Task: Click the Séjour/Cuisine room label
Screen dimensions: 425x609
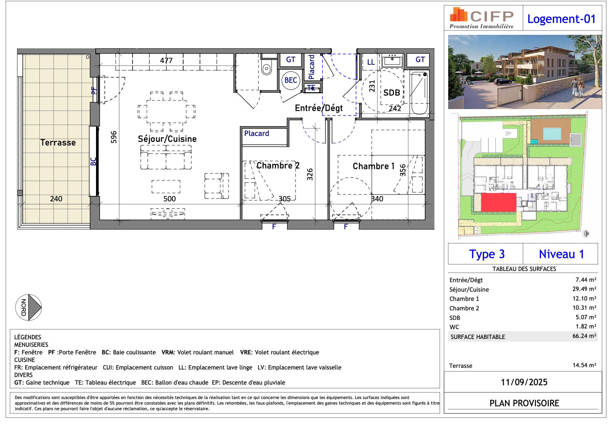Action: [x=167, y=139]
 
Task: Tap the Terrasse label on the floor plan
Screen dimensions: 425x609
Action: [x=58, y=143]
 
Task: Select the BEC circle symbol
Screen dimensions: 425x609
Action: [x=291, y=80]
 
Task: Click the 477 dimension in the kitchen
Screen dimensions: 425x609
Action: [x=166, y=60]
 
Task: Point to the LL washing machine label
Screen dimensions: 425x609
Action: [x=371, y=62]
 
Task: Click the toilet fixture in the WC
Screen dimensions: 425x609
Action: [x=267, y=68]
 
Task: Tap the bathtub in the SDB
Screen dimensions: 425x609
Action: [x=419, y=93]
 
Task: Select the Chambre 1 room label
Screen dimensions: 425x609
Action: [x=373, y=166]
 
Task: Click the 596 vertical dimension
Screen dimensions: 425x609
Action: [x=114, y=137]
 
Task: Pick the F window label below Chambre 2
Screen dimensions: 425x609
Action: [x=274, y=227]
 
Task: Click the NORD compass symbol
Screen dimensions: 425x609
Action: [x=29, y=307]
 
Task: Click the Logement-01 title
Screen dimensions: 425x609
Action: [x=561, y=19]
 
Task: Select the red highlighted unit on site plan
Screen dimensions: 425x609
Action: [x=498, y=202]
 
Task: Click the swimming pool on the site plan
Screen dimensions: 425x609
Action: [x=552, y=134]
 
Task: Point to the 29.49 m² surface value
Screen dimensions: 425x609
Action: [x=584, y=289]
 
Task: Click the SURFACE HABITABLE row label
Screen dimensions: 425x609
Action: [x=477, y=337]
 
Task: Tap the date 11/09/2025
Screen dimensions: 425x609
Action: [x=524, y=382]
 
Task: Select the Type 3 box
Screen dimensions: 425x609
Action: [x=486, y=254]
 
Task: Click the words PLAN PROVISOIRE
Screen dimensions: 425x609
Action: [x=524, y=403]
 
